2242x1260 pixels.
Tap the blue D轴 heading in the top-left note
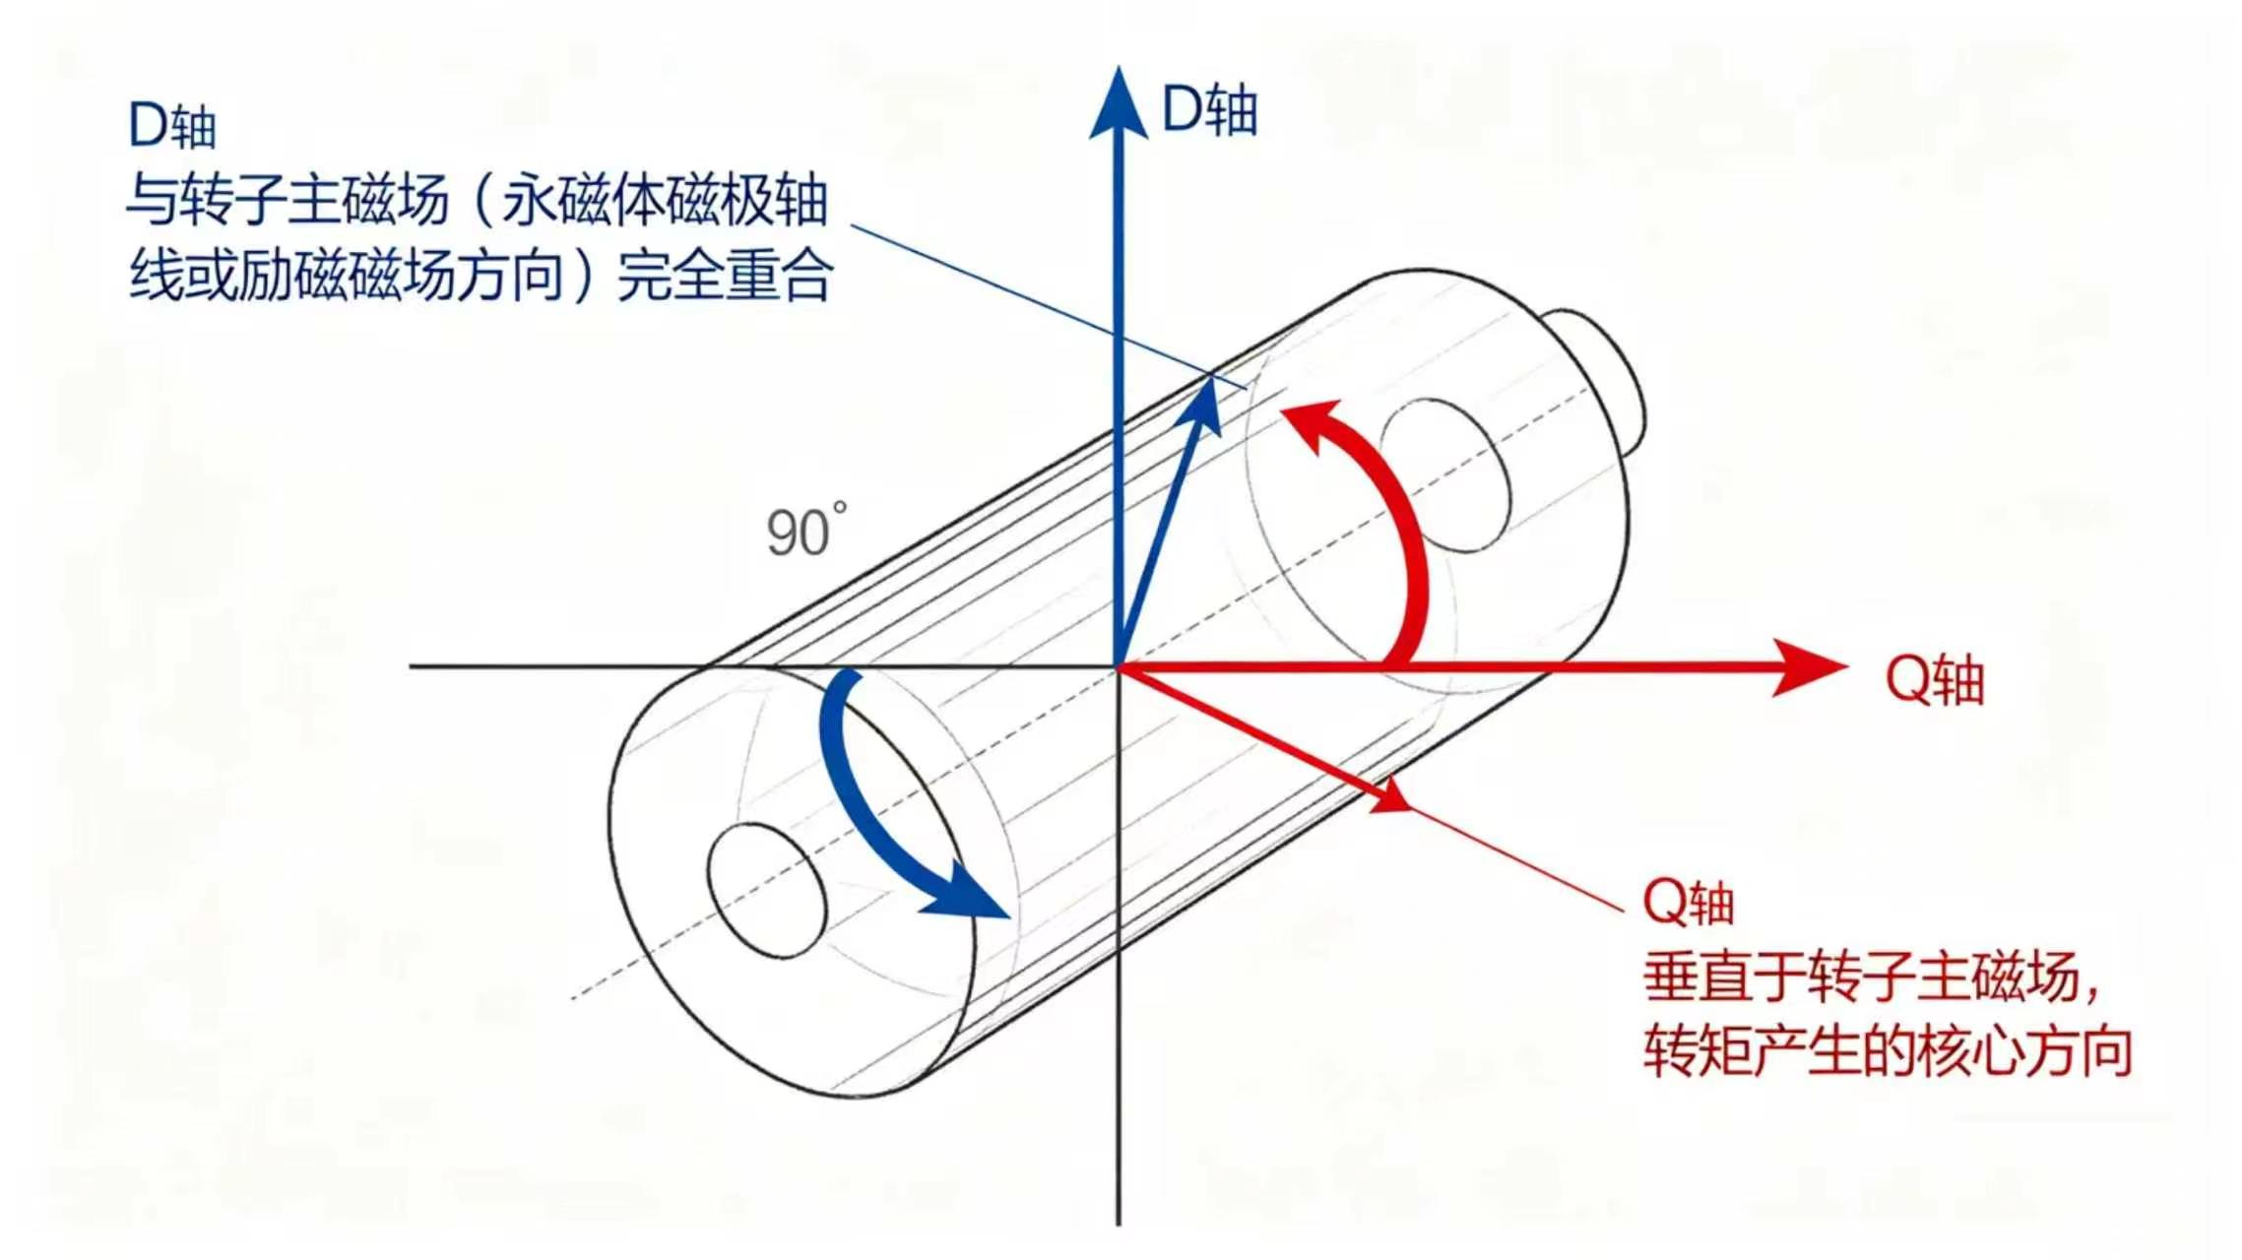[x=171, y=126]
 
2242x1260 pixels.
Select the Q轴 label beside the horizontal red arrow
[x=1934, y=679]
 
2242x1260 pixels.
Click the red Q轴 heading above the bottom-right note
[x=1688, y=902]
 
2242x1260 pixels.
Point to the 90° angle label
[x=805, y=532]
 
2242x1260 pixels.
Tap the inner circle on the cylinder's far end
[x=1445, y=474]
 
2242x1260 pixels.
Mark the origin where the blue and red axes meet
[x=1119, y=667]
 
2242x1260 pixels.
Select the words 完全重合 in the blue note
[x=726, y=275]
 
